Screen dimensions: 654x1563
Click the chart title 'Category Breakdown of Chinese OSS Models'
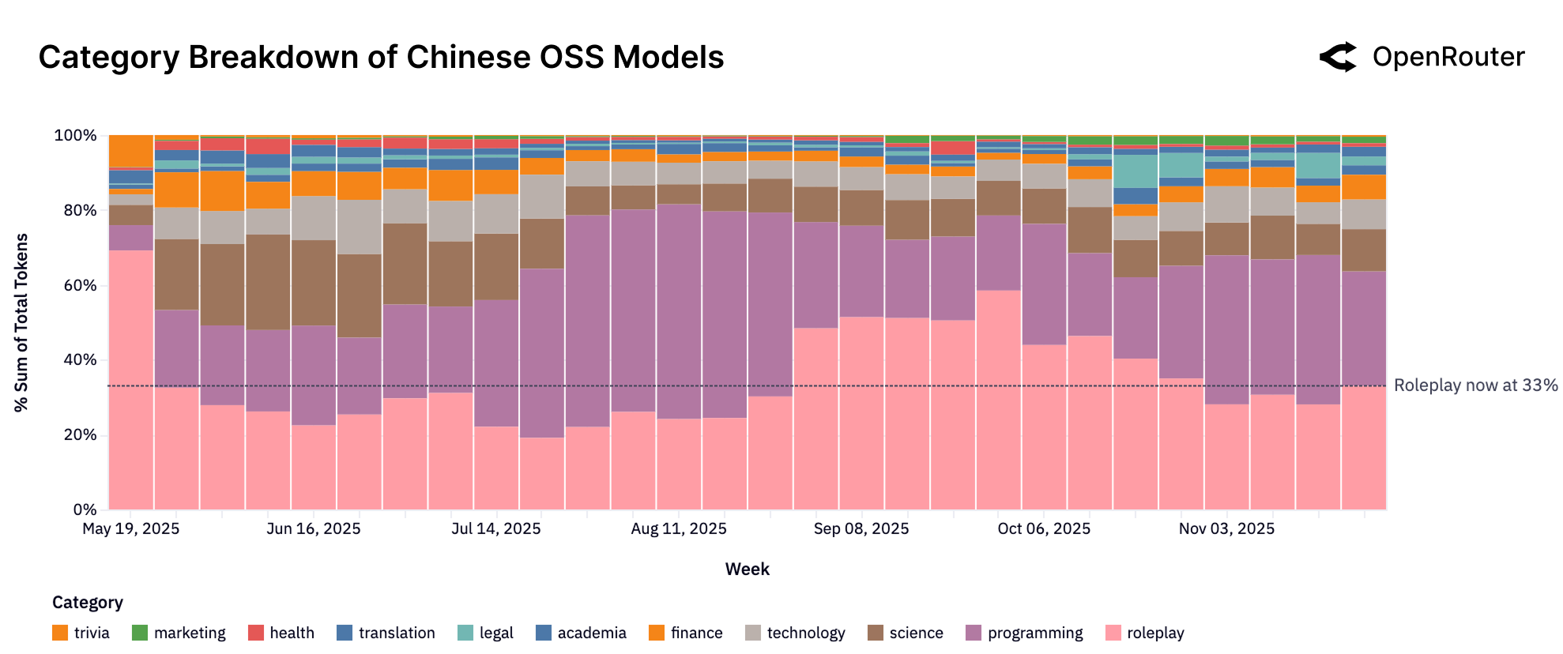click(381, 58)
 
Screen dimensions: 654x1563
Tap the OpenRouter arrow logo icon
click(1338, 57)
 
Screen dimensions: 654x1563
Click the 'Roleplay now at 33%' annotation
click(1475, 385)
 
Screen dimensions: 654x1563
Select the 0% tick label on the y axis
click(83, 509)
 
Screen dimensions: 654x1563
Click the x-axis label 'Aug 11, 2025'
click(678, 529)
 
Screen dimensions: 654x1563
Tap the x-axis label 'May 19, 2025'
click(131, 529)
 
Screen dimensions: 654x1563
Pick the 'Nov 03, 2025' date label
click(1226, 529)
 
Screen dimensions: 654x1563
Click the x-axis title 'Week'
click(747, 569)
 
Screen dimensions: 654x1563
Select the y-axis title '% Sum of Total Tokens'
click(21, 322)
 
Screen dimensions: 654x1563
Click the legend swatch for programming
click(974, 633)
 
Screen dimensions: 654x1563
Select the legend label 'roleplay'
click(1155, 633)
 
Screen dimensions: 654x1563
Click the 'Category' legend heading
click(87, 603)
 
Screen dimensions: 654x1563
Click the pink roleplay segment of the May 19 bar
click(131, 379)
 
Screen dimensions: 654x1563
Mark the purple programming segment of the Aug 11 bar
click(679, 311)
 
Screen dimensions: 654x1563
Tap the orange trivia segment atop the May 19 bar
click(131, 150)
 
